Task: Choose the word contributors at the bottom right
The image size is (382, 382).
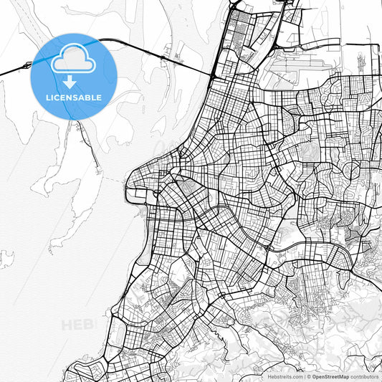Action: click(364, 376)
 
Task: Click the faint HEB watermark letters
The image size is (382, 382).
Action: click(77, 325)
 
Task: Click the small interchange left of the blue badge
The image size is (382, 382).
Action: click(27, 65)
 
